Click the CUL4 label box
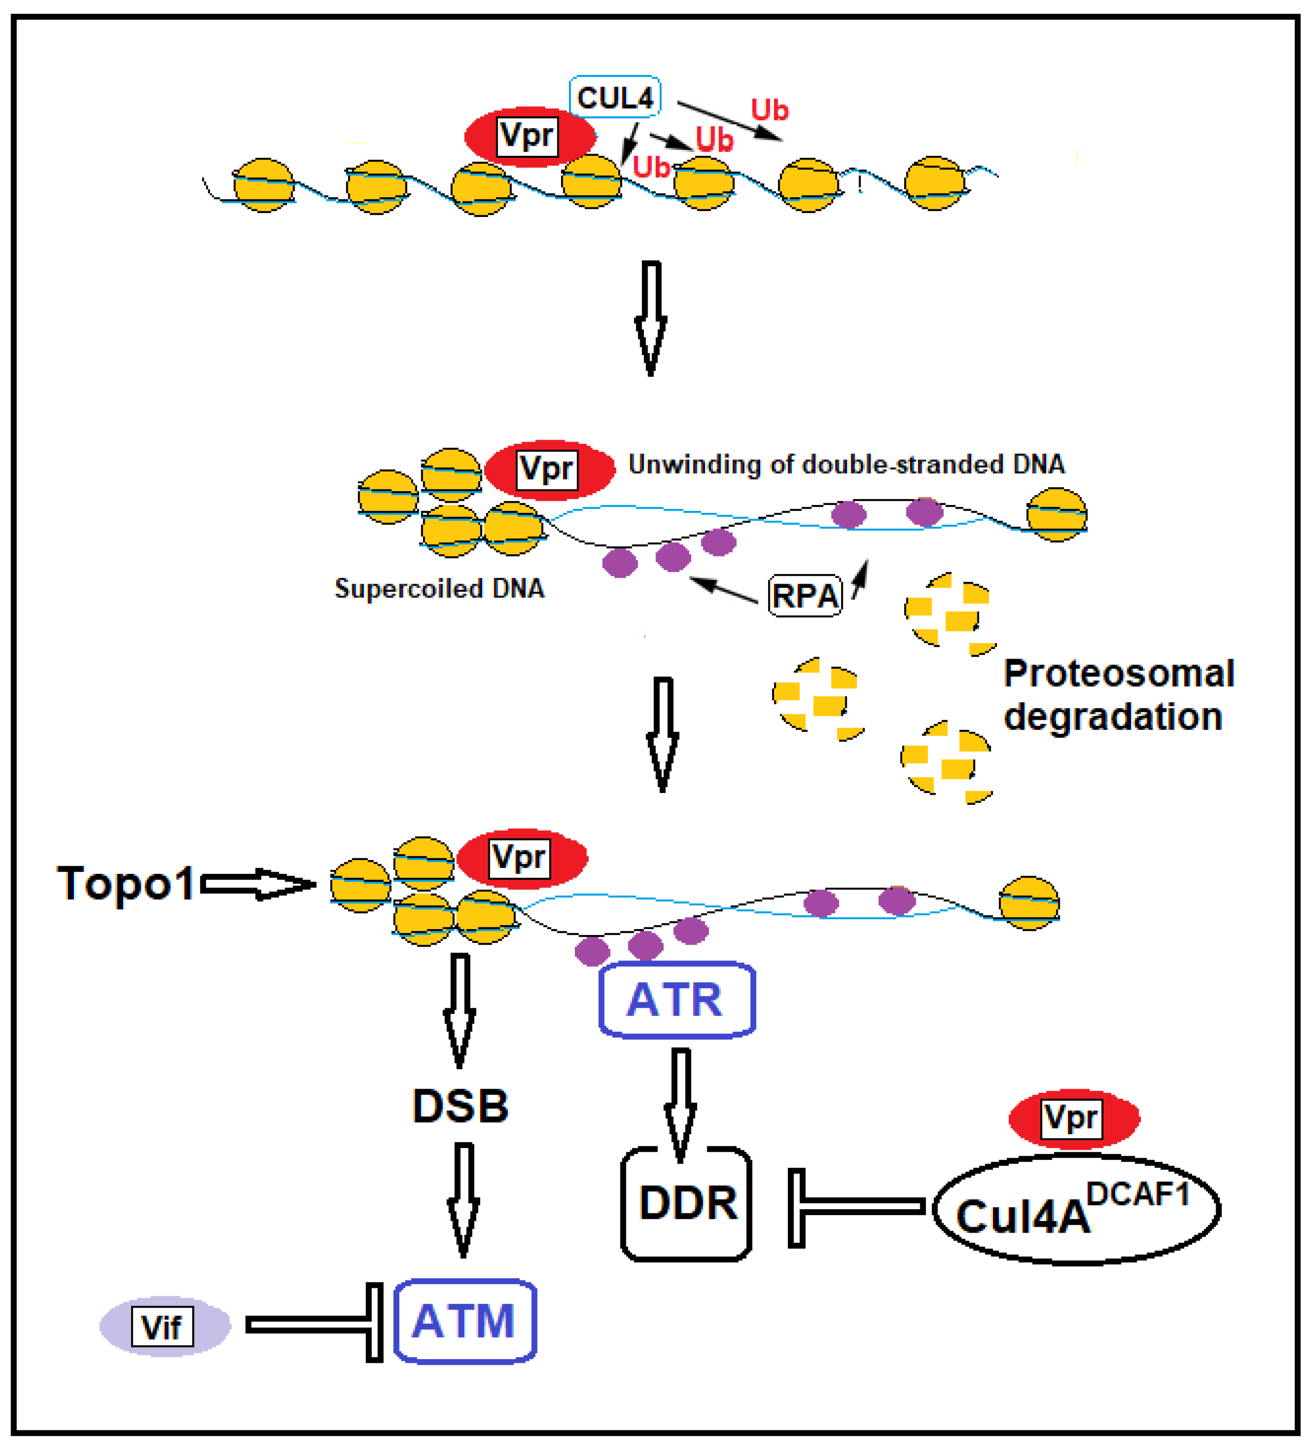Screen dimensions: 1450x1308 [615, 97]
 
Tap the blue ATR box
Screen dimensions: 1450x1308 [676, 999]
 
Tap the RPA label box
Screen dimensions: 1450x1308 [805, 595]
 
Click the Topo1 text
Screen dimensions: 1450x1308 [126, 883]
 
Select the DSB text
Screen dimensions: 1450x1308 [460, 1106]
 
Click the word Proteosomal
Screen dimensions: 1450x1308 [1118, 673]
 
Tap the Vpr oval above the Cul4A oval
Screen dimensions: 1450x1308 [1074, 1118]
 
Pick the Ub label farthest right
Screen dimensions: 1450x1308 [769, 110]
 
